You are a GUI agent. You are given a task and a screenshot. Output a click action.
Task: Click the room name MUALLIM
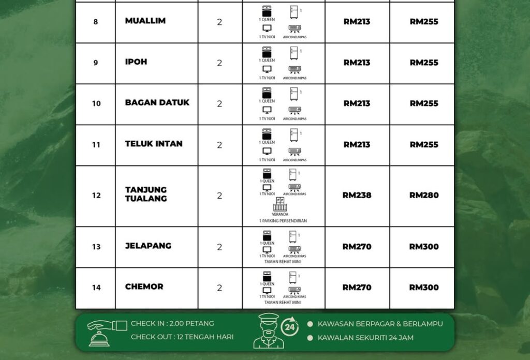pos(145,21)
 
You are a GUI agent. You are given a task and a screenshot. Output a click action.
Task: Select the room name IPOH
pos(136,62)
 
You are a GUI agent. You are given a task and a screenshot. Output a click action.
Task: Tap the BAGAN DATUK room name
pos(157,103)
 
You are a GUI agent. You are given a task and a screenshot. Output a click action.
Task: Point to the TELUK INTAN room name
pos(154,144)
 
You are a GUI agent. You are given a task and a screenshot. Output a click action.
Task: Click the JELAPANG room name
pos(148,246)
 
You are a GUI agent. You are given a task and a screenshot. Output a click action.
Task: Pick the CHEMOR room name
pos(144,287)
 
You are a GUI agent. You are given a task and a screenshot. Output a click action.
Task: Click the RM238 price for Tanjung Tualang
pos(357,196)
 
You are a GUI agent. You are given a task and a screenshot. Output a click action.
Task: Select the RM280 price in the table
pos(424,196)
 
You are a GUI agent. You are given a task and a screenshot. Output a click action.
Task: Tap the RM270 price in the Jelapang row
pos(357,247)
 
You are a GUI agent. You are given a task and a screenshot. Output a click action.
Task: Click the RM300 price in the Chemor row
pos(424,288)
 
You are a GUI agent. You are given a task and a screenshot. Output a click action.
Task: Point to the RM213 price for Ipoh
pos(357,63)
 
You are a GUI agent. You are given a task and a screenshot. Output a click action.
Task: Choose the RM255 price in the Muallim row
pos(424,22)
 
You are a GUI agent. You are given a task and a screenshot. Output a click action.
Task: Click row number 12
pos(96,196)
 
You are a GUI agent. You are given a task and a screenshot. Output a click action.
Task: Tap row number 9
pos(96,63)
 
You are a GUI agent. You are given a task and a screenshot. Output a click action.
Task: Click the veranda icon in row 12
pos(280,204)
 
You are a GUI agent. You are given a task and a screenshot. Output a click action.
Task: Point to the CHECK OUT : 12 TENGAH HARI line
pos(182,337)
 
